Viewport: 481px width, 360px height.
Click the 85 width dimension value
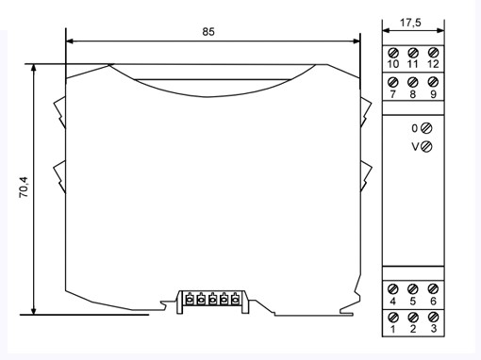208,32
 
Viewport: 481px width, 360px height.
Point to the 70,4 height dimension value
24,188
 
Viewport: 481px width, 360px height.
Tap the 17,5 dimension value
410,23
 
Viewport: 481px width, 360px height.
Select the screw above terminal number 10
393,53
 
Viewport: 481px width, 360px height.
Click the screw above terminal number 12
433,52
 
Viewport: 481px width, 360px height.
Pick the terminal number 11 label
413,64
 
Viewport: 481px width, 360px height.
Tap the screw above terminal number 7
393,82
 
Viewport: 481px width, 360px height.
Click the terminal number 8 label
413,94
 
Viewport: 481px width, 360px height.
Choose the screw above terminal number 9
433,82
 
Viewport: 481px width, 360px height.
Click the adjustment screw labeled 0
426,128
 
